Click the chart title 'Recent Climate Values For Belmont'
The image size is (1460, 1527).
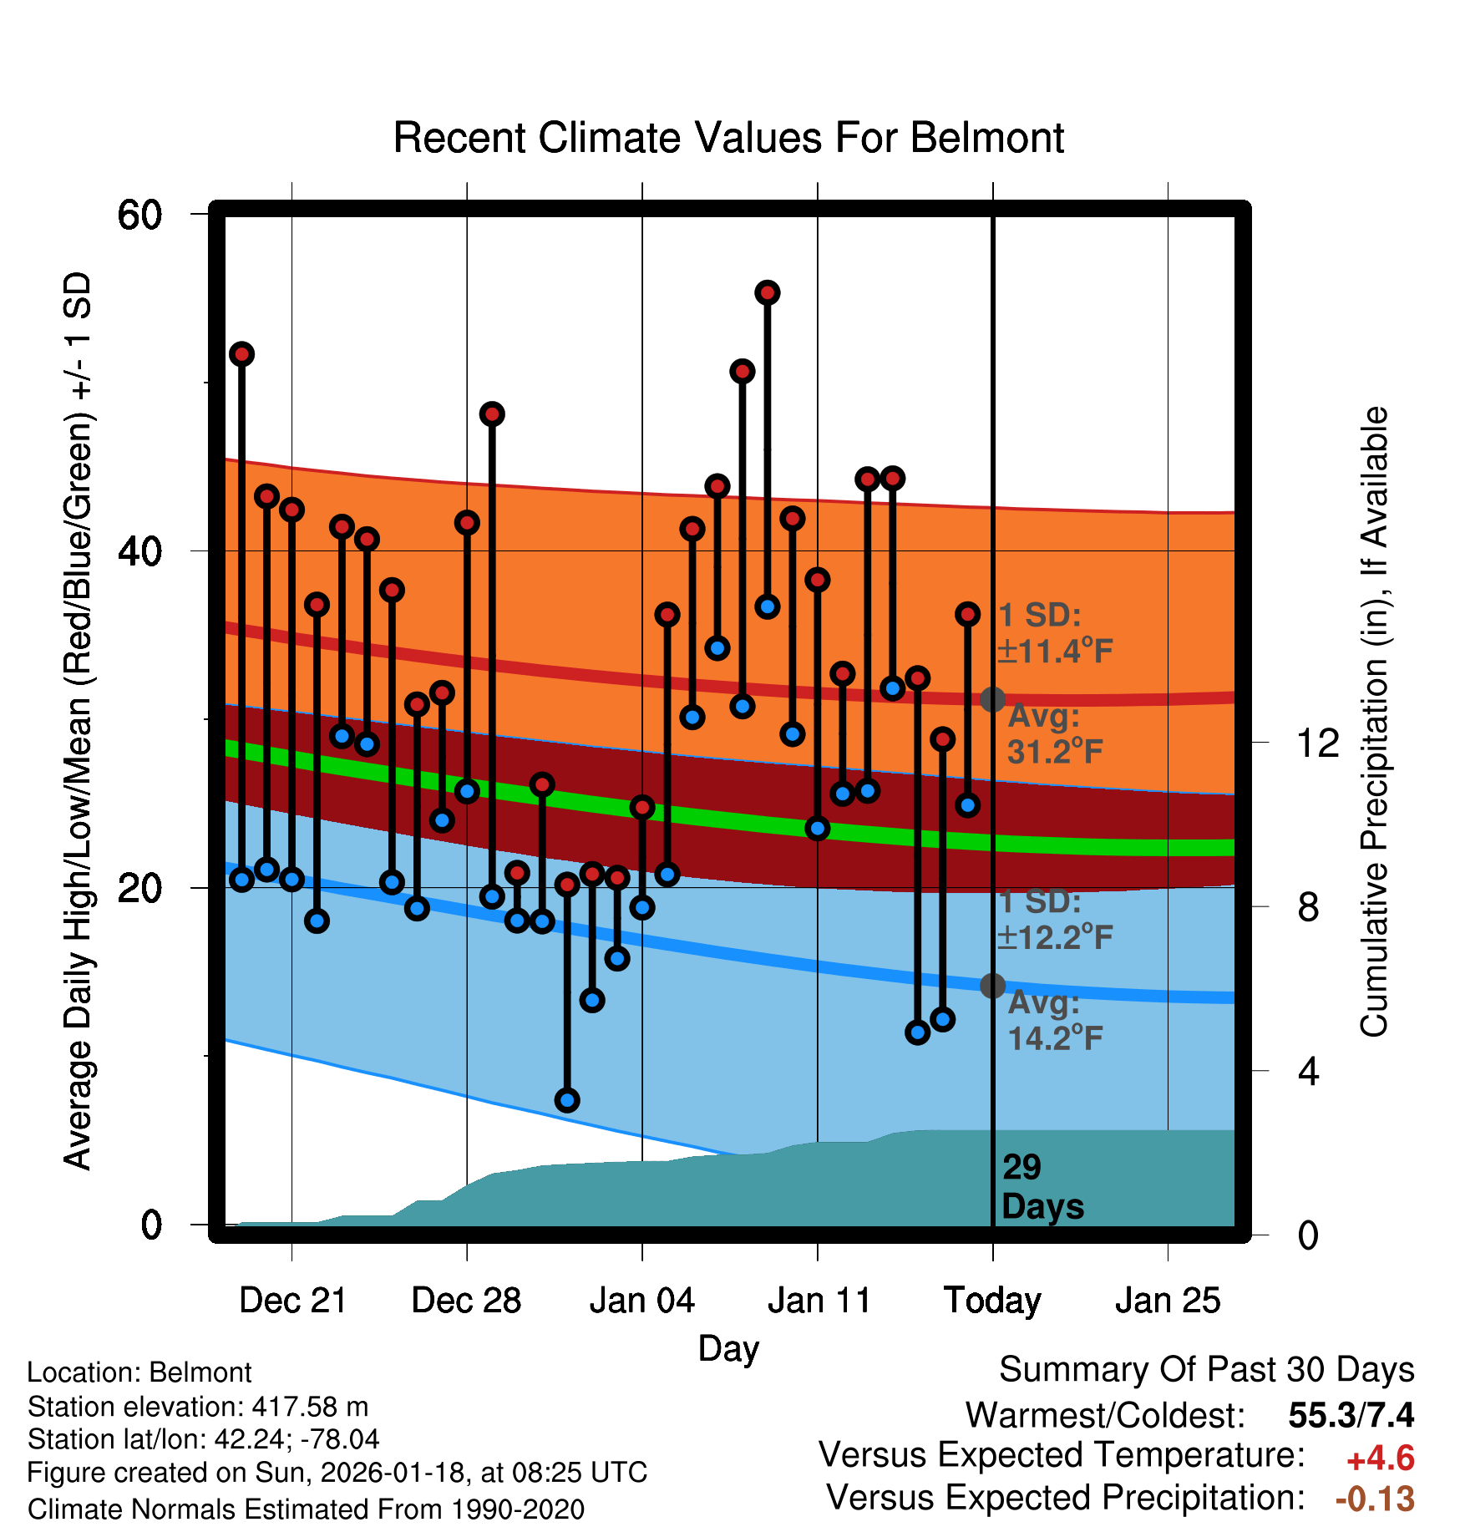click(728, 138)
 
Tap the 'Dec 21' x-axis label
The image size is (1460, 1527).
click(292, 1301)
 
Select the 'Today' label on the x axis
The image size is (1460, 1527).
click(992, 1301)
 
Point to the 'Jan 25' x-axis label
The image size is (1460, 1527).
click(1168, 1301)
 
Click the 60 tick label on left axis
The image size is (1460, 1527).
click(139, 215)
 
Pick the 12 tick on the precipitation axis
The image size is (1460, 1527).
click(1317, 743)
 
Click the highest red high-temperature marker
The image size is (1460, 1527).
click(768, 292)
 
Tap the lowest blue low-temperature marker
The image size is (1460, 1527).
click(567, 1100)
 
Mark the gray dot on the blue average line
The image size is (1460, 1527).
click(992, 986)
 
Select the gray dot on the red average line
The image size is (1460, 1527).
click(992, 699)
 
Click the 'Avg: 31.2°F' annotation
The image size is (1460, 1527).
click(1054, 735)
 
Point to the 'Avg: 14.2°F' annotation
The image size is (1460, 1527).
click(1054, 1021)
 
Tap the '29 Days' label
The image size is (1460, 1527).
click(1042, 1187)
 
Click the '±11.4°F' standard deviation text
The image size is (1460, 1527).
click(1055, 651)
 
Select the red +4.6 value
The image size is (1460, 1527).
click(1380, 1459)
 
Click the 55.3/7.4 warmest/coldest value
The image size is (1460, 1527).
click(1351, 1415)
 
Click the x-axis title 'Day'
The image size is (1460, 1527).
click(728, 1348)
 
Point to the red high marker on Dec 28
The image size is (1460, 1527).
click(467, 523)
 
